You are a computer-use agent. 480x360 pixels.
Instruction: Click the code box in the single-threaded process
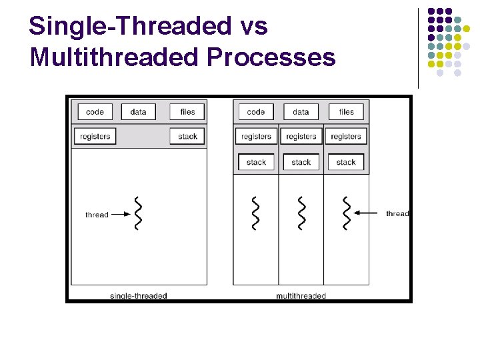click(x=95, y=112)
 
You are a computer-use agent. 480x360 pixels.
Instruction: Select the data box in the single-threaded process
click(x=138, y=112)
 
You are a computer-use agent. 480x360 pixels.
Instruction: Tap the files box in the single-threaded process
click(x=187, y=112)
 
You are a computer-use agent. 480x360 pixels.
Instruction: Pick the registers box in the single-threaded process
click(x=95, y=137)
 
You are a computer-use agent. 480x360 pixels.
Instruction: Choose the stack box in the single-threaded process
click(x=187, y=137)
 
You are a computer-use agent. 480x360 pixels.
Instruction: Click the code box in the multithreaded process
click(x=256, y=112)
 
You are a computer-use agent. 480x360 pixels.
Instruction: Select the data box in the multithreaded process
click(x=301, y=112)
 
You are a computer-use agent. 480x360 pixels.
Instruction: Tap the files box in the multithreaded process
click(x=346, y=112)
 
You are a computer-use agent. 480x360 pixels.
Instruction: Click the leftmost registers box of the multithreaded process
click(x=256, y=137)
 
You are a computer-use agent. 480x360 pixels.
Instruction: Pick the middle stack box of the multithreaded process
click(x=301, y=162)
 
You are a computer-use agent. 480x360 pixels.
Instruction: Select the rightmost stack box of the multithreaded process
click(x=346, y=162)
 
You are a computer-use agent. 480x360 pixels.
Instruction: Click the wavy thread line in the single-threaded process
click(x=138, y=214)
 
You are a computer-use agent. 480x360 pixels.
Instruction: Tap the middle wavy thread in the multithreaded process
click(x=301, y=214)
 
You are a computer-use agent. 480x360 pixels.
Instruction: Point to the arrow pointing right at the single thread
click(x=119, y=215)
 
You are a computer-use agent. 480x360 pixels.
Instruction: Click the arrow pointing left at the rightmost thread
click(x=367, y=213)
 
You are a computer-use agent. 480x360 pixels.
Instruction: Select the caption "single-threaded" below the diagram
click(x=138, y=295)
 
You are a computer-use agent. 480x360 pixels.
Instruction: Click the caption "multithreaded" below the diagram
click(x=301, y=295)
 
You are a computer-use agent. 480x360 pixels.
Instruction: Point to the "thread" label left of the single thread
click(x=97, y=215)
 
